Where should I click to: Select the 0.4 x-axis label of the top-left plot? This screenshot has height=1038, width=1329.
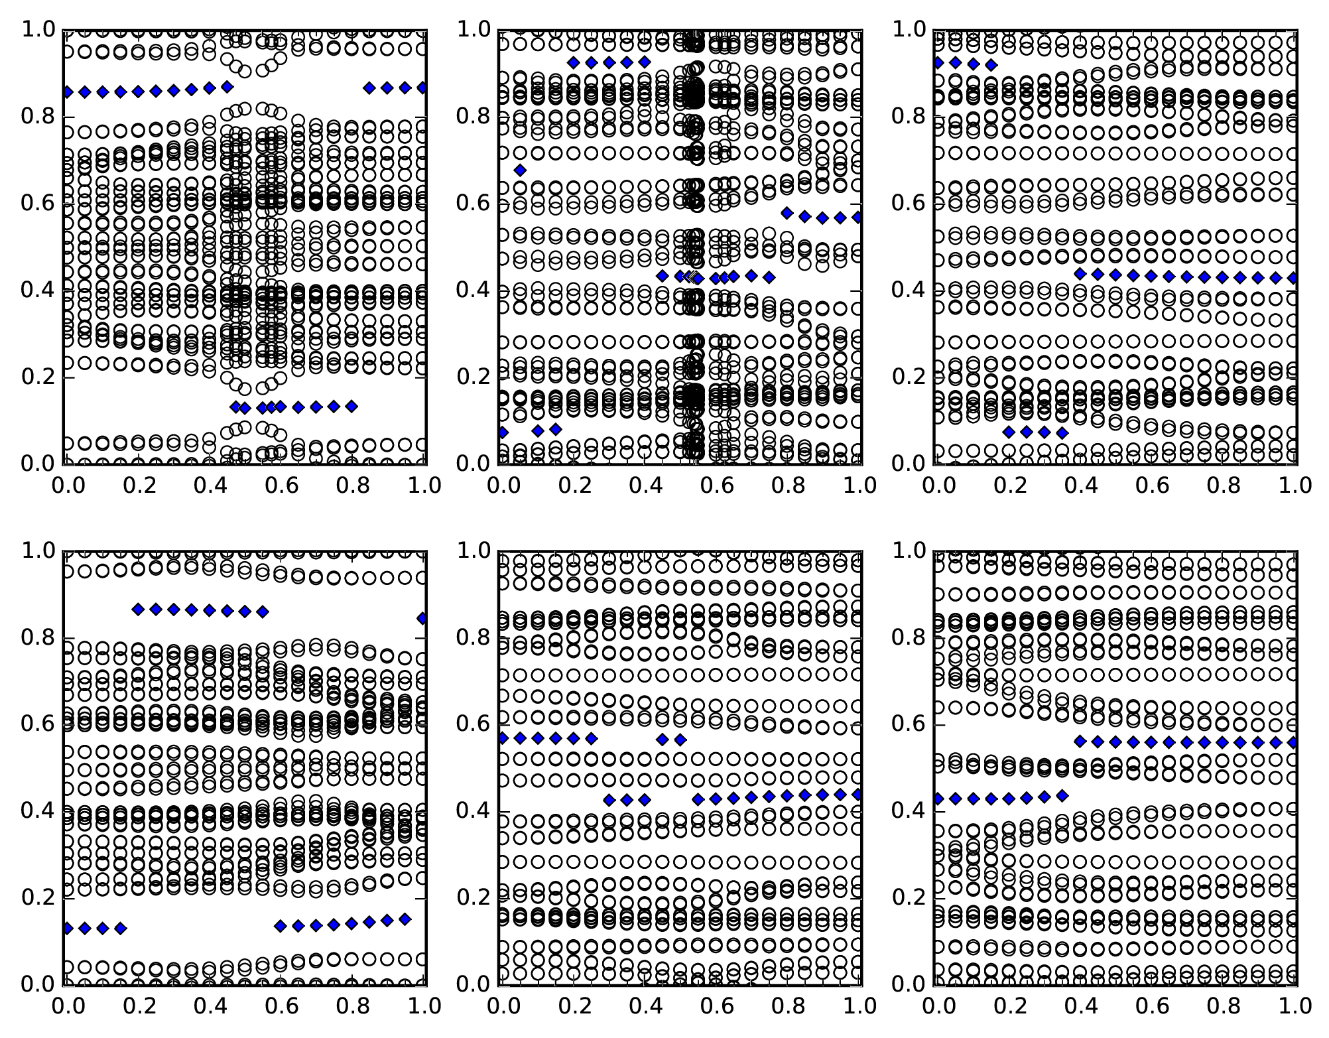208,486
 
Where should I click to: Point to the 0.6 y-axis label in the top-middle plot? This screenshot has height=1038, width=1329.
472,204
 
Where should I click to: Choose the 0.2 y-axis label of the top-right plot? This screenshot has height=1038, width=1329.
908,377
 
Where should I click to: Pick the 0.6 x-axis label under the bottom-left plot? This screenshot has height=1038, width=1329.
281,1006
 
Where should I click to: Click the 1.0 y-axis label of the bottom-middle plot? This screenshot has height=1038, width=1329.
472,551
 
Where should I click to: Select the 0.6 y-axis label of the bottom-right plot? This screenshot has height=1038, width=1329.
908,724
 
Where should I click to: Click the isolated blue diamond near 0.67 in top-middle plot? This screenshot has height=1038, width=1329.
520,170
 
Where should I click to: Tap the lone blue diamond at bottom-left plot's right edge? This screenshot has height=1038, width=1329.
422,618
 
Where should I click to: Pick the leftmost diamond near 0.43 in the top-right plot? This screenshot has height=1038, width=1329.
1080,273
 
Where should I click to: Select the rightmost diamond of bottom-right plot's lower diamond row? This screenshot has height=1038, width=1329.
1062,795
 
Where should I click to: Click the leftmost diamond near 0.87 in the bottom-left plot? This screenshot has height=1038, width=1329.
138,610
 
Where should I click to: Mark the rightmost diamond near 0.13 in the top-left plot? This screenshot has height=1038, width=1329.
351,406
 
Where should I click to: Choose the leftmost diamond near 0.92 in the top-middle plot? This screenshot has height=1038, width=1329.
574,62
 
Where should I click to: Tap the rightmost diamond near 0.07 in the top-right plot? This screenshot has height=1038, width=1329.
1062,433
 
